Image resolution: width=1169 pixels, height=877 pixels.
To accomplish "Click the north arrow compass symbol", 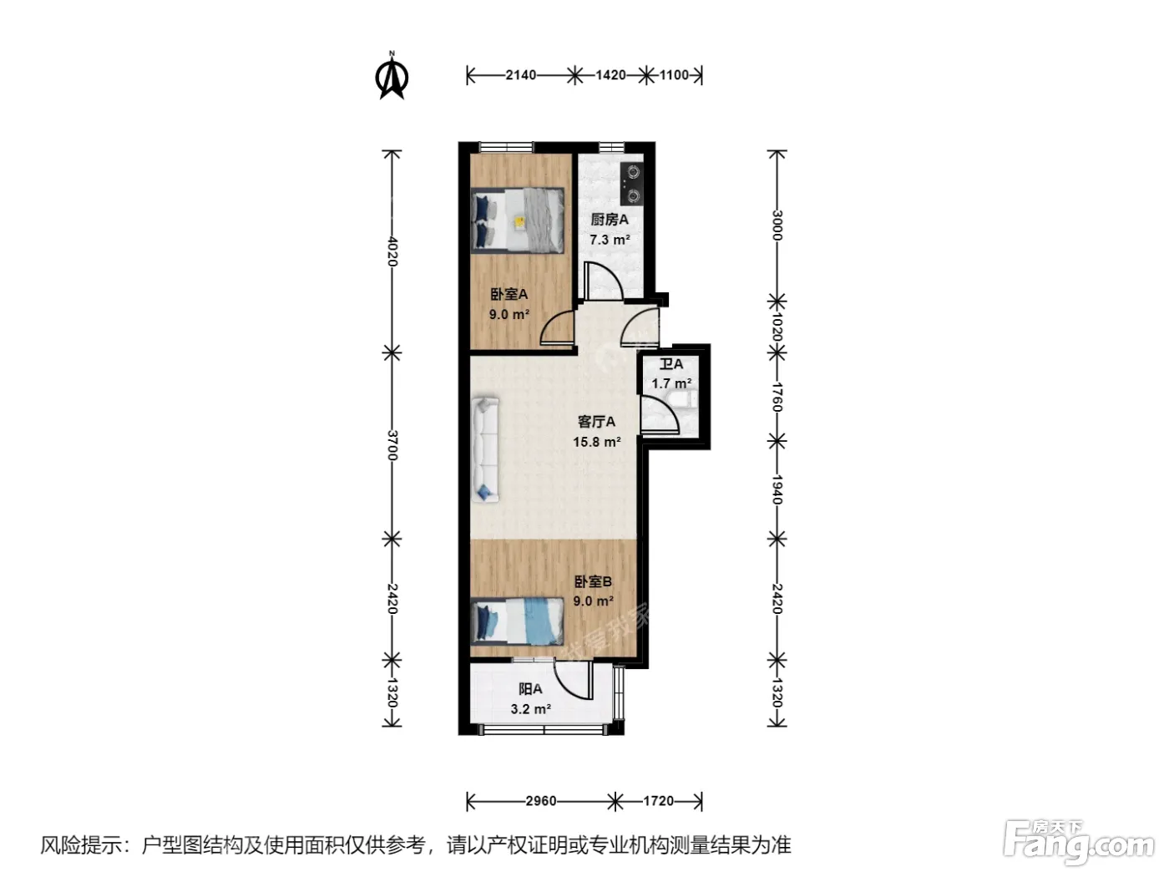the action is (392, 76).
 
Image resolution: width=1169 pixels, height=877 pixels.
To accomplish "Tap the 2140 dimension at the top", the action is (520, 75).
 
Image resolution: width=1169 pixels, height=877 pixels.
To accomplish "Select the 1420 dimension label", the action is (610, 75).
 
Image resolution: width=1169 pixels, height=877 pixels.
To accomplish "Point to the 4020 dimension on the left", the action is (392, 251).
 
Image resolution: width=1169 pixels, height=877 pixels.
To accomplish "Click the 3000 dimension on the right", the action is (777, 226).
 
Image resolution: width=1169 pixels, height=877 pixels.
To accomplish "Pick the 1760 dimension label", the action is (777, 397).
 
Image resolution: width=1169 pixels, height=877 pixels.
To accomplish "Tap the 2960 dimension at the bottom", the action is (540, 801).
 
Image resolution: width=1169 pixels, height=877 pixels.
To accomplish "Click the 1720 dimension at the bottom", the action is (658, 801).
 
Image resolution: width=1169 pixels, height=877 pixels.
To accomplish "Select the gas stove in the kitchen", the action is (632, 184).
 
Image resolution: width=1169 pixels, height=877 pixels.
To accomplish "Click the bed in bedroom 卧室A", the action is (517, 220).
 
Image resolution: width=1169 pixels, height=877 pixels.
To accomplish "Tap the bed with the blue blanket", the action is (517, 621).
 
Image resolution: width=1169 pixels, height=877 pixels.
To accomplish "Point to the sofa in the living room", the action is (485, 450).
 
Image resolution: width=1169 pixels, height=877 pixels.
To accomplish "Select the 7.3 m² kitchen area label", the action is (610, 240).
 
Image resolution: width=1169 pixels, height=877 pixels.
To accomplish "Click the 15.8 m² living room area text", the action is (597, 442).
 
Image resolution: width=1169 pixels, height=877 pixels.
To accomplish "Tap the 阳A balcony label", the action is (530, 689).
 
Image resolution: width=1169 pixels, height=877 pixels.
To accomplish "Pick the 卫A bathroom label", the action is (671, 364).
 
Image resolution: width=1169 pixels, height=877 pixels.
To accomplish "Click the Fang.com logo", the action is (1078, 841).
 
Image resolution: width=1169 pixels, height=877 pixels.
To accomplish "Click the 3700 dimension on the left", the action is (392, 445).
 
